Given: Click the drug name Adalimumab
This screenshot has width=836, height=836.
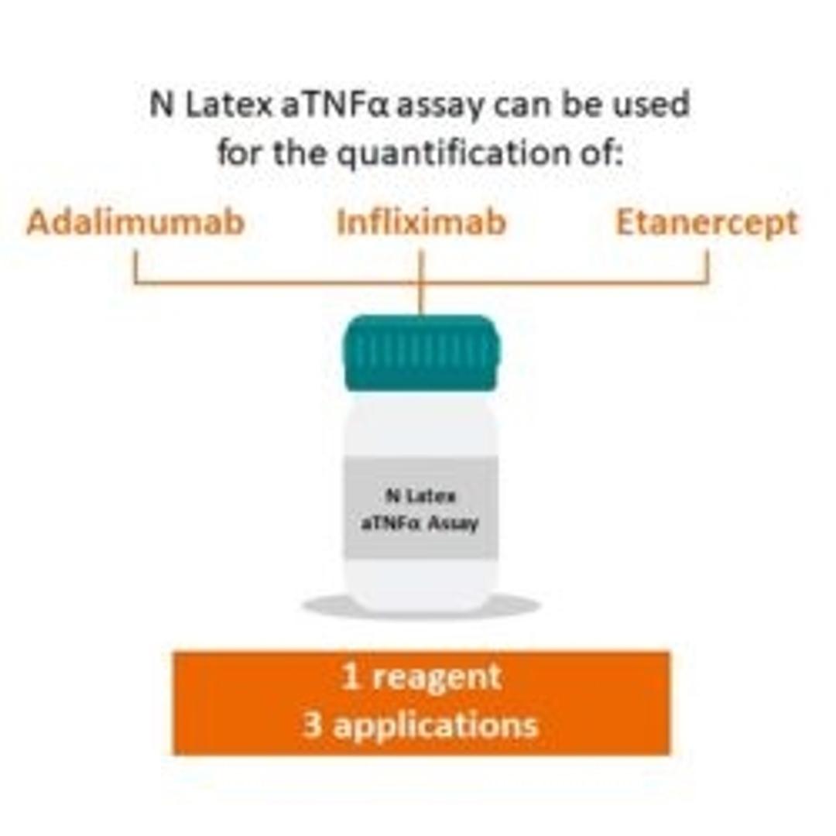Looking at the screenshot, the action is click(135, 222).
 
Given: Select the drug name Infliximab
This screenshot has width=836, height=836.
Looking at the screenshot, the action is click(421, 222).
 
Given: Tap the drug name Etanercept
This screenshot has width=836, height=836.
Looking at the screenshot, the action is click(706, 222).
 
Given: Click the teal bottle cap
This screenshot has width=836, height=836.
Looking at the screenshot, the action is click(422, 352).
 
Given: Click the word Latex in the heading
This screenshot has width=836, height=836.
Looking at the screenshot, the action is click(222, 104).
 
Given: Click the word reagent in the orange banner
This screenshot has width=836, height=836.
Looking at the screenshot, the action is click(437, 678).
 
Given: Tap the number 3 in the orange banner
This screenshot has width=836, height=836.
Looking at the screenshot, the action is click(312, 725).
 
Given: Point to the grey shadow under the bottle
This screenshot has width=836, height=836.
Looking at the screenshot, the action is click(421, 605).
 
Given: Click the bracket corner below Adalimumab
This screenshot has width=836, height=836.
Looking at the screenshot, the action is click(136, 283).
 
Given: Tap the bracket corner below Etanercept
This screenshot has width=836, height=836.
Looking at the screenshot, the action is click(707, 283).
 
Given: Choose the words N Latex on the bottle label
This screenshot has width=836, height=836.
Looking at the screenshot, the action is click(420, 496).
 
